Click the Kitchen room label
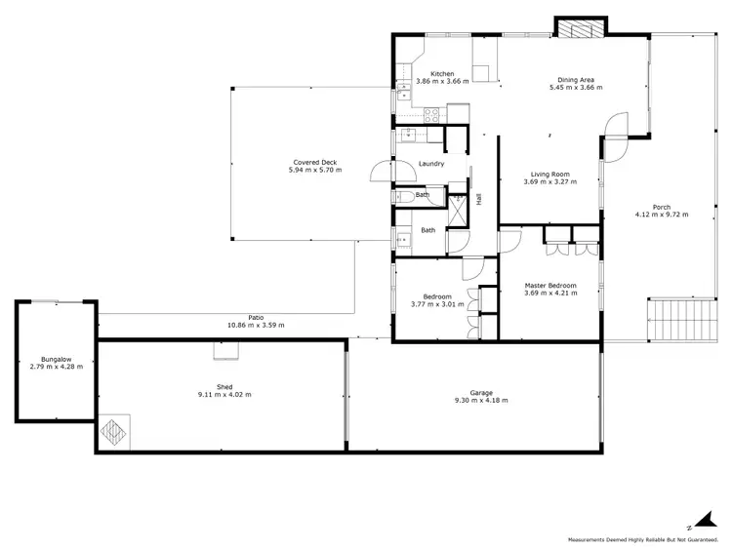(x=443, y=74)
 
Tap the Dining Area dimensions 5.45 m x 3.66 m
(x=575, y=88)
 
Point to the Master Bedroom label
(x=549, y=285)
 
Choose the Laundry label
(x=430, y=164)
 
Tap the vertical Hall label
(x=478, y=198)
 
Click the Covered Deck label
(x=314, y=162)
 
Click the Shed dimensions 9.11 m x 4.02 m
(x=224, y=395)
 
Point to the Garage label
(x=481, y=392)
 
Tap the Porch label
(x=661, y=206)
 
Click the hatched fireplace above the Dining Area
(x=582, y=29)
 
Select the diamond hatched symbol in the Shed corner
(x=114, y=432)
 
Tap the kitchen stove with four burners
(x=431, y=114)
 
